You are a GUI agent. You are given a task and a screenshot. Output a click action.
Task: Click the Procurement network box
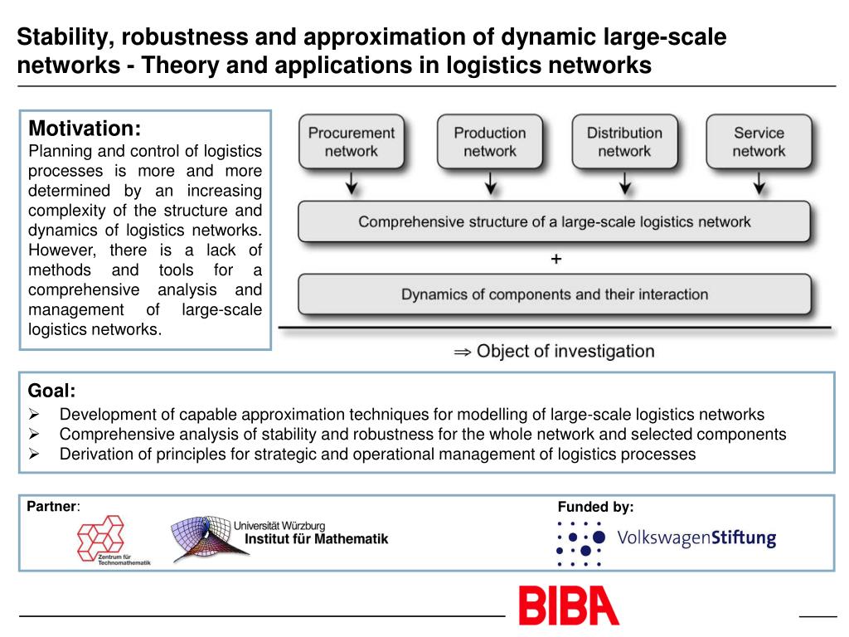pos(352,142)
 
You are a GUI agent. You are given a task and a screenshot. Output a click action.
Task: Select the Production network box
pos(489,142)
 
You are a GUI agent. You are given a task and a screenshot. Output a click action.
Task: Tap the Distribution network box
pos(624,142)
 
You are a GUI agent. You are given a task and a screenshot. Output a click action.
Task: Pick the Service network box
pos(758,142)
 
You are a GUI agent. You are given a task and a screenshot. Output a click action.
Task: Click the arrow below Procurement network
pos(352,182)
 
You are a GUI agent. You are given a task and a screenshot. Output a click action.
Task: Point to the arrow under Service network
pos(758,182)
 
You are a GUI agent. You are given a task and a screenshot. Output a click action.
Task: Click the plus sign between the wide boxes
pos(555,260)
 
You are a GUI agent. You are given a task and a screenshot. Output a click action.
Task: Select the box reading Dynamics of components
pos(554,294)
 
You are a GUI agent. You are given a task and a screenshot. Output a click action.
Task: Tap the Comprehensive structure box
pos(554,222)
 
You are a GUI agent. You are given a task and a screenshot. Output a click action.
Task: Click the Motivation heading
pos(85,129)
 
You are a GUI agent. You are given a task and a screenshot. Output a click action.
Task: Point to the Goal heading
pos(51,391)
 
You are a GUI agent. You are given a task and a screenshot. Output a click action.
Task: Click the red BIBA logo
pos(569,606)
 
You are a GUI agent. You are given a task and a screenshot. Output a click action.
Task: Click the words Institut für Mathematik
pos(316,539)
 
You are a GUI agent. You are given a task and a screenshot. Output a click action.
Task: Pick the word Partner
pos(51,506)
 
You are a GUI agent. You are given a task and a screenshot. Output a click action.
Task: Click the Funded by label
pos(595,507)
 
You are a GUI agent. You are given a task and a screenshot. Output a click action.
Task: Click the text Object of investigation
pos(565,351)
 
